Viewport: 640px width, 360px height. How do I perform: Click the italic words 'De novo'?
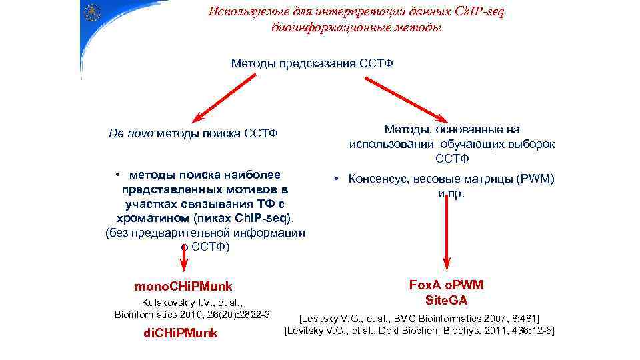tap(131, 133)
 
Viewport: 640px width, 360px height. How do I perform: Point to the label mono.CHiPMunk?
tap(183, 287)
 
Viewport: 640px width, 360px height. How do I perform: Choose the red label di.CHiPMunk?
tap(181, 333)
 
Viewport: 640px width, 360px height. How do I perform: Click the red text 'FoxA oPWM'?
tap(447, 285)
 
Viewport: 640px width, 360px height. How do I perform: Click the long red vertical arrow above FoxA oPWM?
tap(446, 233)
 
